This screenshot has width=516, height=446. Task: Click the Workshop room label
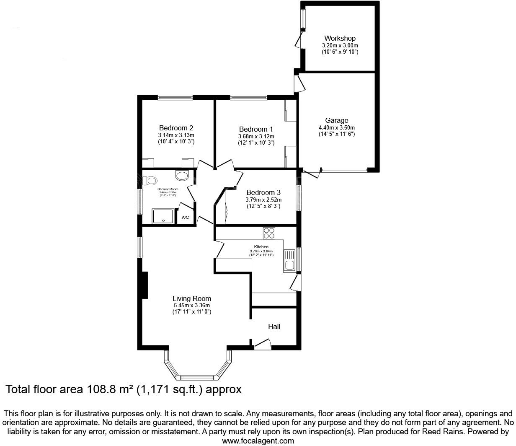pos(340,38)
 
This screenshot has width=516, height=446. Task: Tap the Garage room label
pos(337,121)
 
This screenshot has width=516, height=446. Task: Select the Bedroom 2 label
pos(176,128)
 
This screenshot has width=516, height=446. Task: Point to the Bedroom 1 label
pos(256,129)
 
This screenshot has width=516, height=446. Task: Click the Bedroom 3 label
pos(263,193)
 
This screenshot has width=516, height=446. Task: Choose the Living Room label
pos(192,298)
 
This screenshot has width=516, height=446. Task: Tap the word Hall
pos(274,327)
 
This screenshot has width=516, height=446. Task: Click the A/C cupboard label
pos(185,218)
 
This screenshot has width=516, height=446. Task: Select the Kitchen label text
pos(261,247)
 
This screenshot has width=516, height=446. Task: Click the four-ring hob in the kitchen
pos(269,232)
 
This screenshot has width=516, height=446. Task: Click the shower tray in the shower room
pos(163,216)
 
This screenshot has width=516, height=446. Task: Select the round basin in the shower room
pos(182,175)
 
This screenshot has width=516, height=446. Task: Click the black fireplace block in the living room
pos(145,285)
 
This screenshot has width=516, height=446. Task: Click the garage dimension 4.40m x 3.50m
pos(337,128)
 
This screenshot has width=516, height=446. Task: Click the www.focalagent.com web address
pos(258,441)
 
